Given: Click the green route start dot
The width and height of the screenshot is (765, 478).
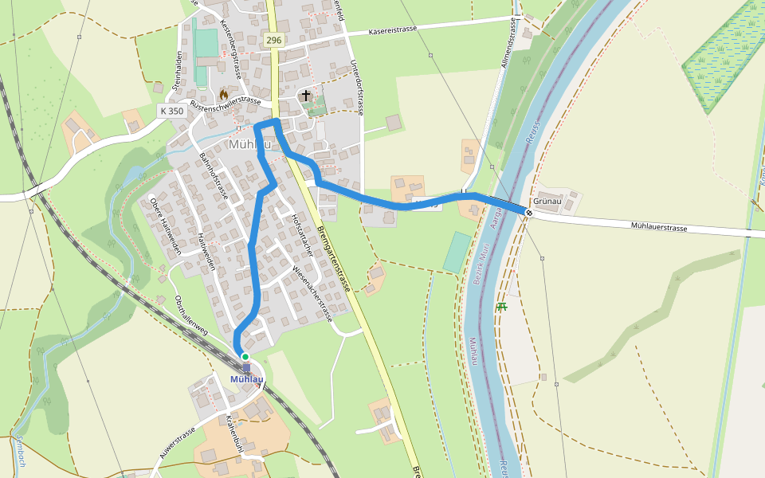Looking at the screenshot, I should (245, 356).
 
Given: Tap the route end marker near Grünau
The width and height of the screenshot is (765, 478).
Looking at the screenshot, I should (528, 213).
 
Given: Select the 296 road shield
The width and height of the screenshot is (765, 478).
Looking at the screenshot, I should (273, 40).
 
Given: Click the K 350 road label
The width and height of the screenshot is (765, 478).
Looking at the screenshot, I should (171, 111).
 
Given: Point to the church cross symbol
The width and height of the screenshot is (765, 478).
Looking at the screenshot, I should (306, 96).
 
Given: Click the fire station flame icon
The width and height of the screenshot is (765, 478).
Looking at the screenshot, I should (223, 94).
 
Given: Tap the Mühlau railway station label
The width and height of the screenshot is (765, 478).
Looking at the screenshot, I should (246, 379).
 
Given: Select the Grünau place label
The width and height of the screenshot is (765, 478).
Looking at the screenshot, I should (549, 202).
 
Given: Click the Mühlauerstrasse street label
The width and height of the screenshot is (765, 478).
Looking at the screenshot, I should (658, 227).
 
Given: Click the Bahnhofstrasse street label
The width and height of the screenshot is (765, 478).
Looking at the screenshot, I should (214, 176).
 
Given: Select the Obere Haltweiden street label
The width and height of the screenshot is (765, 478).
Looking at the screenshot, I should (166, 225).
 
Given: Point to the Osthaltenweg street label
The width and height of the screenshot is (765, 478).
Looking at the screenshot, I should (191, 315).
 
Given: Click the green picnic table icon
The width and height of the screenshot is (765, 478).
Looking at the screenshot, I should (501, 307).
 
